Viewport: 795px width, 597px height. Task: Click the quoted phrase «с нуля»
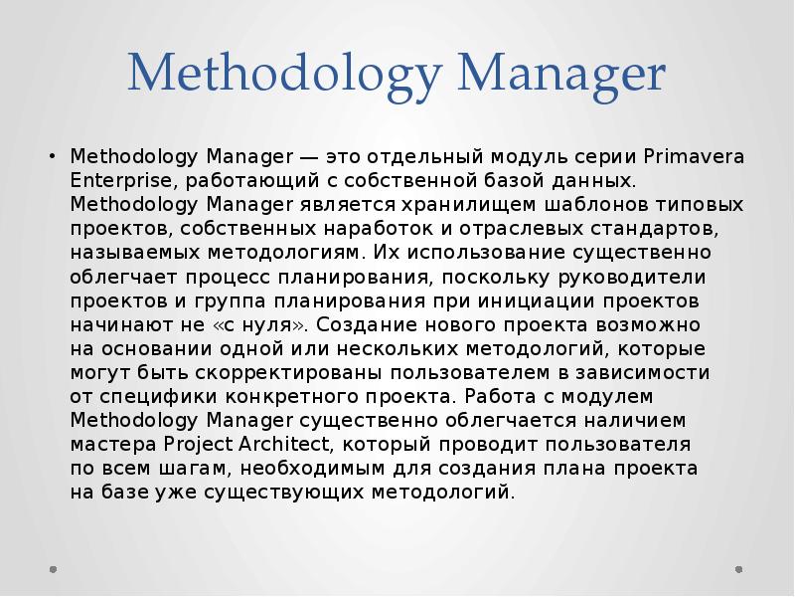click(x=269, y=324)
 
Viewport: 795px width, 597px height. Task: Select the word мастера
click(x=108, y=444)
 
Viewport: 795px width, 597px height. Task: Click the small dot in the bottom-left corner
click(x=53, y=570)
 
